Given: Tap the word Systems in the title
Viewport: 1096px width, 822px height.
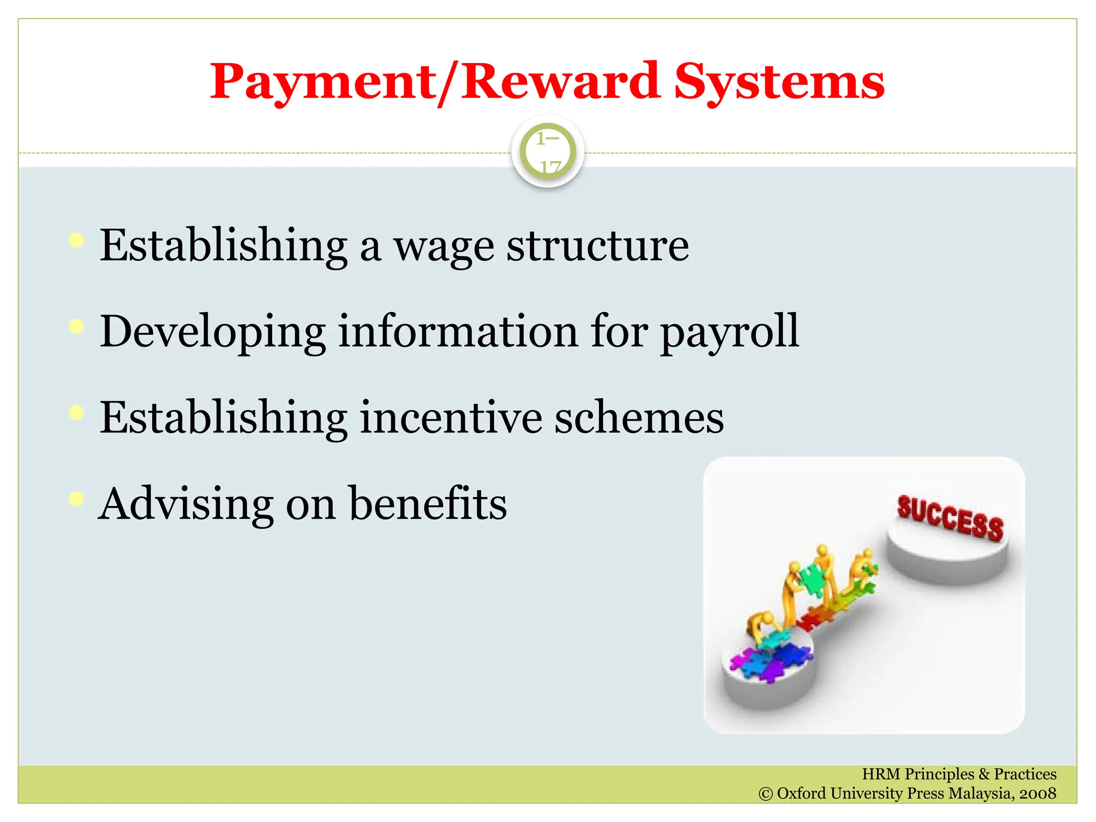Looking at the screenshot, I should [779, 82].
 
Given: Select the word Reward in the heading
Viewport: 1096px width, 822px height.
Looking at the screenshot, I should [560, 82].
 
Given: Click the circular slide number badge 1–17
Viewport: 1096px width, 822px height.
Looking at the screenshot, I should [547, 152].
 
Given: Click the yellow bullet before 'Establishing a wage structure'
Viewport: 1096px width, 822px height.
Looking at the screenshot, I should [77, 240].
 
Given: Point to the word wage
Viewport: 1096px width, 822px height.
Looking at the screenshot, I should [444, 246].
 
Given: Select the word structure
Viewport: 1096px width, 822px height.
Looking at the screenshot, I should [598, 246].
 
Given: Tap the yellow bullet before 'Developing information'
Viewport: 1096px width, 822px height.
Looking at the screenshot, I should [77, 326].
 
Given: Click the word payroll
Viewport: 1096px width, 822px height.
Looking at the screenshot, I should [729, 332].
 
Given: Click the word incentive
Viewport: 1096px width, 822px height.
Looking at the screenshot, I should [451, 418].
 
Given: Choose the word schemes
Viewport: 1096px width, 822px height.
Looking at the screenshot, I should [638, 418].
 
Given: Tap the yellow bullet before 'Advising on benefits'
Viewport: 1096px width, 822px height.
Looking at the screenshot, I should [77, 499].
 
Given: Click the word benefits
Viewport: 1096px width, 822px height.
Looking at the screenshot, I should [428, 504].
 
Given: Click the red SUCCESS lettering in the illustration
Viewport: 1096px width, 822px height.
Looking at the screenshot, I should [950, 517].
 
